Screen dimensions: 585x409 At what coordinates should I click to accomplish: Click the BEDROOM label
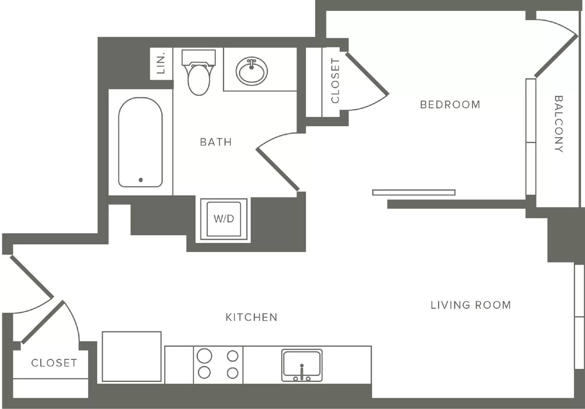450,105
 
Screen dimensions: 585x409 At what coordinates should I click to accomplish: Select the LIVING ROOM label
471,305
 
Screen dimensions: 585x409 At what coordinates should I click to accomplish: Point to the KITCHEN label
251,317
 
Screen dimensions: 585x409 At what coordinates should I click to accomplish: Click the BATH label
216,142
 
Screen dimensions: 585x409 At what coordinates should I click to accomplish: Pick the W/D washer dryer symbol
223,219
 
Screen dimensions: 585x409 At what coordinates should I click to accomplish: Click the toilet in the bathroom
199,72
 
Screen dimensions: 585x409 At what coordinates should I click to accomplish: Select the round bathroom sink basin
252,71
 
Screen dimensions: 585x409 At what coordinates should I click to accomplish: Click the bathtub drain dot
141,180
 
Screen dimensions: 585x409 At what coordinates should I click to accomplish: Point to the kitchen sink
302,365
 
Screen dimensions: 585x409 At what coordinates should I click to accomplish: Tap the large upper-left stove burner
204,356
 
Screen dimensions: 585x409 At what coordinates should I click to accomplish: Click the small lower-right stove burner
233,373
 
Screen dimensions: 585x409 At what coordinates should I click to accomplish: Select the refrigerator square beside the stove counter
132,356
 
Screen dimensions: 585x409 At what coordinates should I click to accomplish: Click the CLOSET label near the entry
54,363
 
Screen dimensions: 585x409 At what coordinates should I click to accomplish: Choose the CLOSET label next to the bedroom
335,80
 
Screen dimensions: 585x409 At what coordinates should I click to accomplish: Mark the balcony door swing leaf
556,56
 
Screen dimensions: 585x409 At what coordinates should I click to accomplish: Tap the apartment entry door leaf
32,277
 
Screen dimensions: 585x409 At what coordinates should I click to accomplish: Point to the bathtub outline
118,142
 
